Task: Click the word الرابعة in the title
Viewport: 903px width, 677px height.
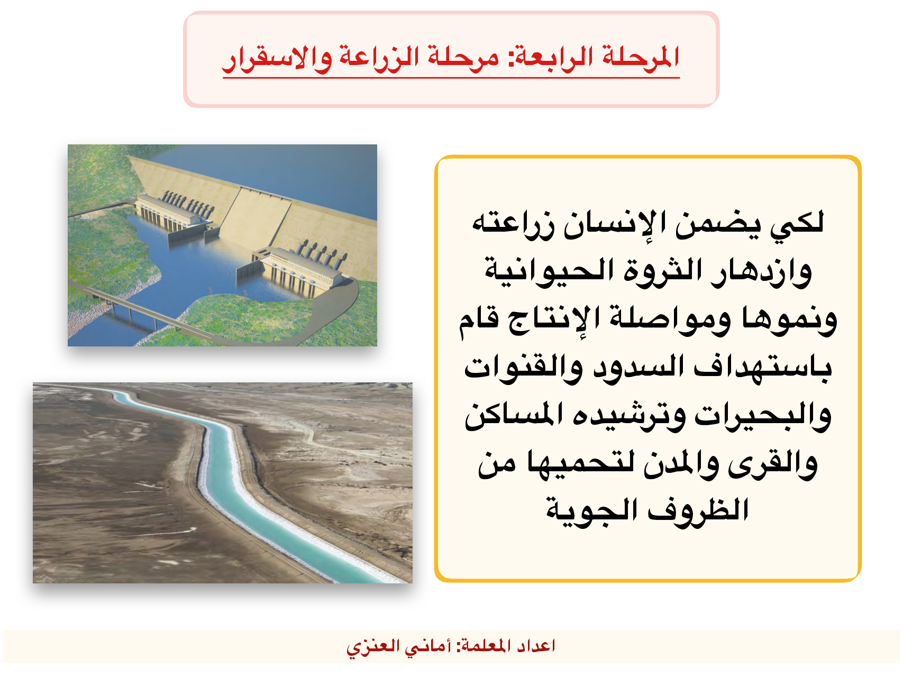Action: (x=555, y=57)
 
